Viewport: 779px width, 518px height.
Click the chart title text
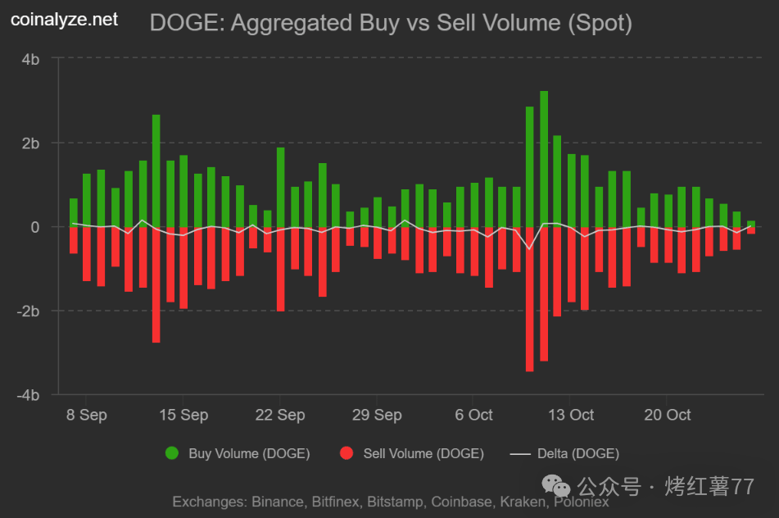click(x=391, y=23)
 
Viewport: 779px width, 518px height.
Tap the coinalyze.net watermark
click(x=64, y=19)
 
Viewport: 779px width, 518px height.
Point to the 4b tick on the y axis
click(x=32, y=59)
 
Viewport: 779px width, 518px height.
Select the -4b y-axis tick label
click(x=29, y=394)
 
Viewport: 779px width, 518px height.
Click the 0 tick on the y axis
click(x=36, y=227)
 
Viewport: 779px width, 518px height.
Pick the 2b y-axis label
click(x=32, y=143)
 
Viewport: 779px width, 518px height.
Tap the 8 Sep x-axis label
click(x=87, y=415)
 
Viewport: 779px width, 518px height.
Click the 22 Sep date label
click(x=280, y=415)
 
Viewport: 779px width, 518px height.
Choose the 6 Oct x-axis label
click(x=474, y=415)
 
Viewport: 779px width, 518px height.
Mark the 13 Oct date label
click(x=571, y=415)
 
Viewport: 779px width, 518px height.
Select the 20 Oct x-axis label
click(x=668, y=415)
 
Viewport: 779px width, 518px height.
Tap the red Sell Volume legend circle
click(x=346, y=453)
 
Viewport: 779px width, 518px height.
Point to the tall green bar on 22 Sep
click(x=281, y=187)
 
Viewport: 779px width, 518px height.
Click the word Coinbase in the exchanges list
click(x=462, y=502)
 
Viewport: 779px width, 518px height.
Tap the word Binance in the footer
click(x=278, y=502)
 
